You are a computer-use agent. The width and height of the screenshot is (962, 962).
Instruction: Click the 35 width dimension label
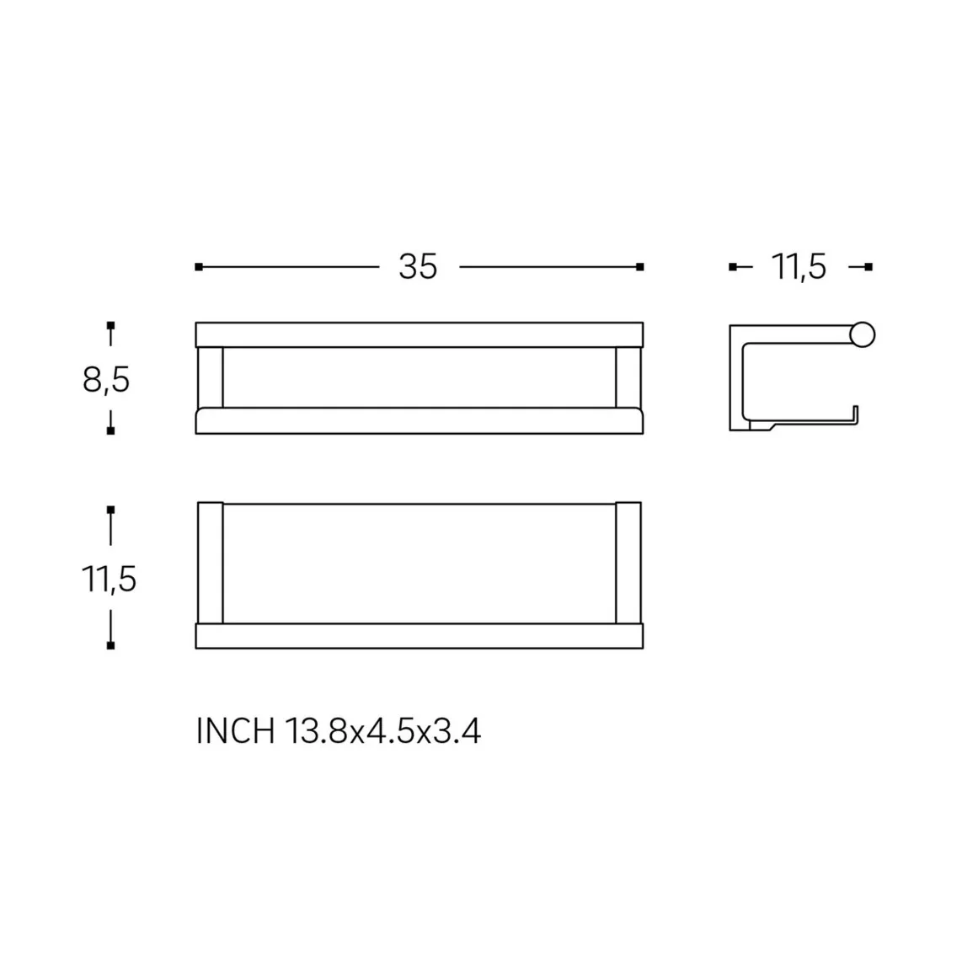coord(418,267)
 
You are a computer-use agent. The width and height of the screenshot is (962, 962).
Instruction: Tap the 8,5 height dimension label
coord(106,380)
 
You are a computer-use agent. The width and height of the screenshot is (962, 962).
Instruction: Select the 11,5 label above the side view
coord(799,267)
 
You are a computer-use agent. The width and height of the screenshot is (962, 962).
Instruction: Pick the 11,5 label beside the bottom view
coord(109,579)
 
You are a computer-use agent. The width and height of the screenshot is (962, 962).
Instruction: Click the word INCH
coord(236,730)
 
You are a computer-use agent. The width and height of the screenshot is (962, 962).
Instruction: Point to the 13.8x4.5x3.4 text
coord(382,730)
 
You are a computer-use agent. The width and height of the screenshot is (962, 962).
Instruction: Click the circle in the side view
coord(862,334)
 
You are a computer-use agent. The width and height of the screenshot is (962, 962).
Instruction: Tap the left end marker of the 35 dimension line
coord(199,267)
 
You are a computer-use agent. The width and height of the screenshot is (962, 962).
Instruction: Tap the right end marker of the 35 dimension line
coord(640,267)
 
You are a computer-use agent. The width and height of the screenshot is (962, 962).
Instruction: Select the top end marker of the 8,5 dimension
coord(110,325)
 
